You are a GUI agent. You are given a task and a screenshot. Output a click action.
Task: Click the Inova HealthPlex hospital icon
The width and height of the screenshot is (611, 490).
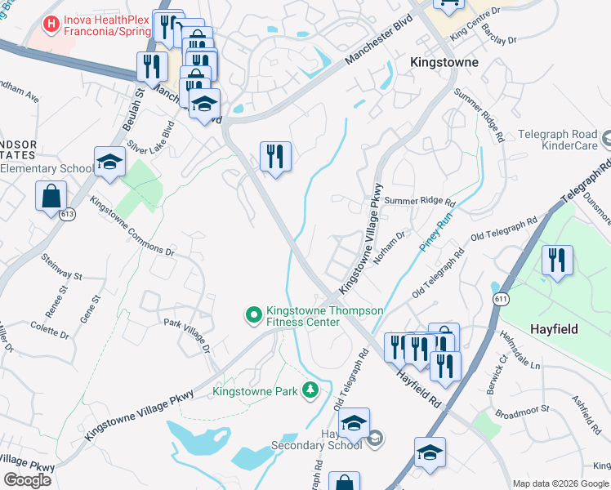(52, 25)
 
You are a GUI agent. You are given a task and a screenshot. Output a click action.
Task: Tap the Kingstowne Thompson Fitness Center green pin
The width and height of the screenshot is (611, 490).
(253, 314)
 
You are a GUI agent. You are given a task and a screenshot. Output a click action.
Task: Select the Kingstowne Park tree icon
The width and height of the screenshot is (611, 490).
(310, 391)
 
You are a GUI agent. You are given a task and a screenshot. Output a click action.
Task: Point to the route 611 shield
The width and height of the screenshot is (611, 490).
(500, 300)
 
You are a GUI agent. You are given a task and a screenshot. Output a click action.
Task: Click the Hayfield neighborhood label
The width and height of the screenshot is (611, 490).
(555, 329)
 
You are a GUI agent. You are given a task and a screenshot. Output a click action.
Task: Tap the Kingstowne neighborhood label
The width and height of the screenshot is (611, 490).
(444, 62)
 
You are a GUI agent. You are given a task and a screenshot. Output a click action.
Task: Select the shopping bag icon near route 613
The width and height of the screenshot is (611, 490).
(51, 196)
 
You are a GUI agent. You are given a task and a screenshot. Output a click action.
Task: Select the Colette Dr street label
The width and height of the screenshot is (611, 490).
(49, 330)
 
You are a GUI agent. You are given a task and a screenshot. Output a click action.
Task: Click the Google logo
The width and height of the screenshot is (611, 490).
(27, 480)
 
